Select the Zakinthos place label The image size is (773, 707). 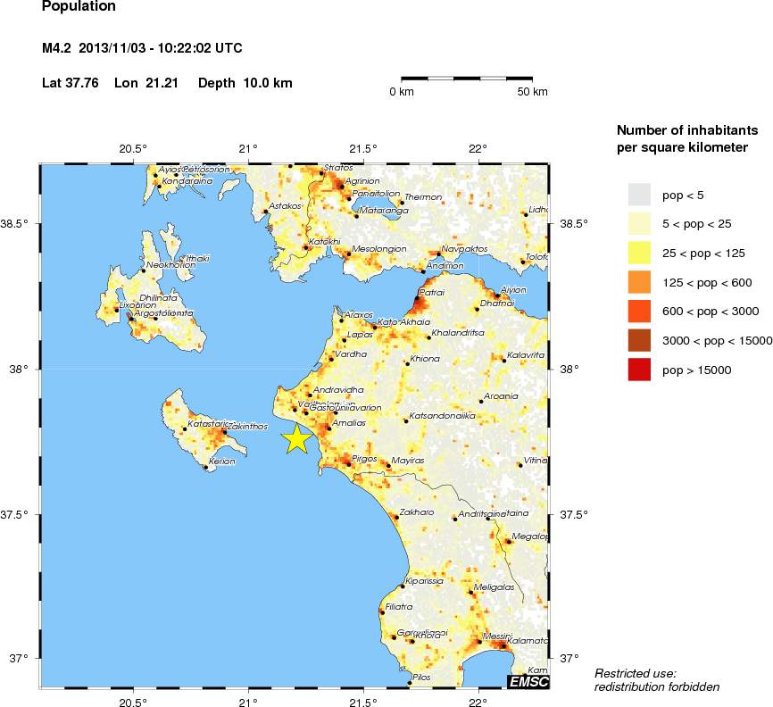(247, 427)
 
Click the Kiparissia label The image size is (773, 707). (425, 581)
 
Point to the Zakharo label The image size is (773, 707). (417, 512)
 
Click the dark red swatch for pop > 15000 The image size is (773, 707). (639, 368)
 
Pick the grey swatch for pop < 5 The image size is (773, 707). (639, 194)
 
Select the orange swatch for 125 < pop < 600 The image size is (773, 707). (639, 281)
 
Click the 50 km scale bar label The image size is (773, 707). (532, 92)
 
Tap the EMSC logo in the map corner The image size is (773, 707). (528, 682)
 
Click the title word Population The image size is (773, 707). (79, 6)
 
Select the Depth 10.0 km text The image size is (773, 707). (245, 83)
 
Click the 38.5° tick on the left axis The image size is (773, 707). (18, 223)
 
